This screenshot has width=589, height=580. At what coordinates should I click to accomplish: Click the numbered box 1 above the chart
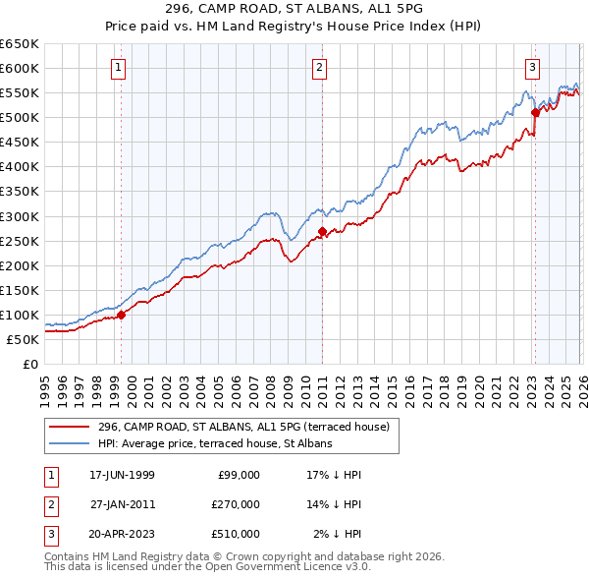click(118, 68)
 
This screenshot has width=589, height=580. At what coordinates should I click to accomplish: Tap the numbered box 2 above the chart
click(320, 68)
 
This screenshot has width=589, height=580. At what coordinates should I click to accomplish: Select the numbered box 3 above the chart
click(532, 68)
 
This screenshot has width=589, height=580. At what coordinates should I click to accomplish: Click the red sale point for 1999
click(122, 316)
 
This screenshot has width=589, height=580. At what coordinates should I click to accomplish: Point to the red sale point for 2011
click(323, 231)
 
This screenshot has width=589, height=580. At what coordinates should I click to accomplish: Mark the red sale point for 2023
click(535, 112)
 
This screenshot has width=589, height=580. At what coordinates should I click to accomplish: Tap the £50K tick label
click(24, 339)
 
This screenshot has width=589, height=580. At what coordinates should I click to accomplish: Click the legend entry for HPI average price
click(215, 443)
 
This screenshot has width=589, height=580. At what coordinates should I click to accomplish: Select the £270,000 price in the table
click(235, 504)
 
